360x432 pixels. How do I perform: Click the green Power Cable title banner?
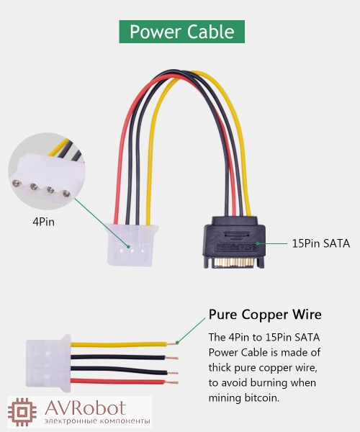(x=181, y=32)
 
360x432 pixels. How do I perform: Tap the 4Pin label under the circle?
(x=43, y=222)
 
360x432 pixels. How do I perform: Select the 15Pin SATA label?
(x=321, y=243)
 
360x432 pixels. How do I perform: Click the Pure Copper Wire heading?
(x=265, y=315)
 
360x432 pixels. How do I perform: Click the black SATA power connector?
(x=235, y=242)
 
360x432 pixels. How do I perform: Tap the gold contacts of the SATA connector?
(x=234, y=263)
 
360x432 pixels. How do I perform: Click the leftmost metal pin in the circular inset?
(x=17, y=183)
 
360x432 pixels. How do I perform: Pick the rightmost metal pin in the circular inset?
(x=66, y=194)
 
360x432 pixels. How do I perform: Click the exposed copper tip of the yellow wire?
(x=172, y=344)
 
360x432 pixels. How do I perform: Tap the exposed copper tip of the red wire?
(x=172, y=382)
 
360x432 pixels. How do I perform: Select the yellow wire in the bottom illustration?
(x=119, y=344)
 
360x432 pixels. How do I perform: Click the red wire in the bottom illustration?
(x=118, y=382)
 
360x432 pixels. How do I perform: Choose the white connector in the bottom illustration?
(x=48, y=363)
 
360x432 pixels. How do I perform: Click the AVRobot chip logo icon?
(x=22, y=412)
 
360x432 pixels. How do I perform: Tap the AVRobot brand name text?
(x=86, y=408)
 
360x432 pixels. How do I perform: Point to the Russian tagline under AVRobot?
(x=97, y=421)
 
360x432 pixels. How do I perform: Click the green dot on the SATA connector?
(x=258, y=243)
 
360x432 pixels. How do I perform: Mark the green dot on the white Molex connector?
(x=128, y=246)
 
